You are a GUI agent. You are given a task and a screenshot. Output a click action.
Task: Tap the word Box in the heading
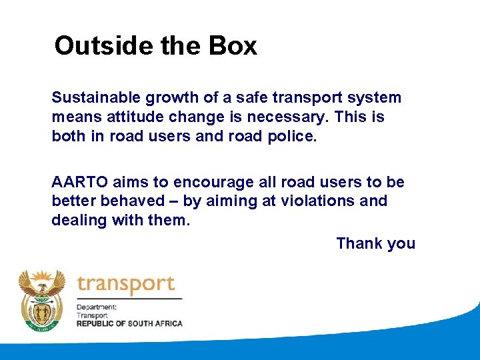coord(233,46)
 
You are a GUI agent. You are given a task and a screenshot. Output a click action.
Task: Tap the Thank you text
coord(375,243)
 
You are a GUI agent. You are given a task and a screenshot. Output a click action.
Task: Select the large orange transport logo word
coord(126,285)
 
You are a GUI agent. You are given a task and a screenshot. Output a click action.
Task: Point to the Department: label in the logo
coord(97,307)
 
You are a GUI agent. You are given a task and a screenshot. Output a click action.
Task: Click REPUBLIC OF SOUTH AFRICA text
coord(129,323)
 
